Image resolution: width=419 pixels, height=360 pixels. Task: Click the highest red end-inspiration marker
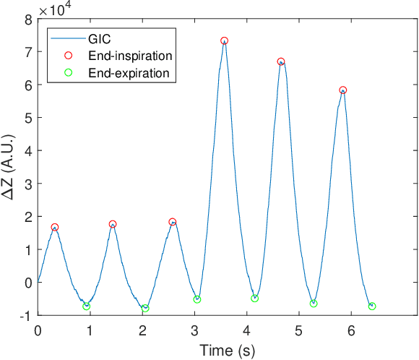(x=225, y=41)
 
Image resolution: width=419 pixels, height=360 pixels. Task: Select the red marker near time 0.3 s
(x=55, y=227)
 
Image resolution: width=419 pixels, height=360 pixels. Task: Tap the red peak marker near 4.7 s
(x=281, y=61)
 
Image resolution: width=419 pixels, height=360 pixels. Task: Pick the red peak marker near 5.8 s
(x=343, y=90)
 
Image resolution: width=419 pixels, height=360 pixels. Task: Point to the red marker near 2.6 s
(x=173, y=222)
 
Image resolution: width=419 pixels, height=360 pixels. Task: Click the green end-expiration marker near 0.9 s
(x=87, y=307)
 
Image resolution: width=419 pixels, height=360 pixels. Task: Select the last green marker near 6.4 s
(x=372, y=307)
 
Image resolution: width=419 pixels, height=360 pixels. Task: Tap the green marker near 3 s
(x=197, y=299)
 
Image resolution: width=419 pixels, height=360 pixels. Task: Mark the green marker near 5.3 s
(x=314, y=304)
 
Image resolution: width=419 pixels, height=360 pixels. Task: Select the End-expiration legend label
(x=128, y=72)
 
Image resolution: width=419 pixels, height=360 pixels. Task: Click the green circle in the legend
(x=69, y=72)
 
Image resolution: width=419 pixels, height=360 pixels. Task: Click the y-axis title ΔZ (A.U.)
(x=11, y=168)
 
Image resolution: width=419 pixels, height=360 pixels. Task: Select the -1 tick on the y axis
(x=25, y=315)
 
